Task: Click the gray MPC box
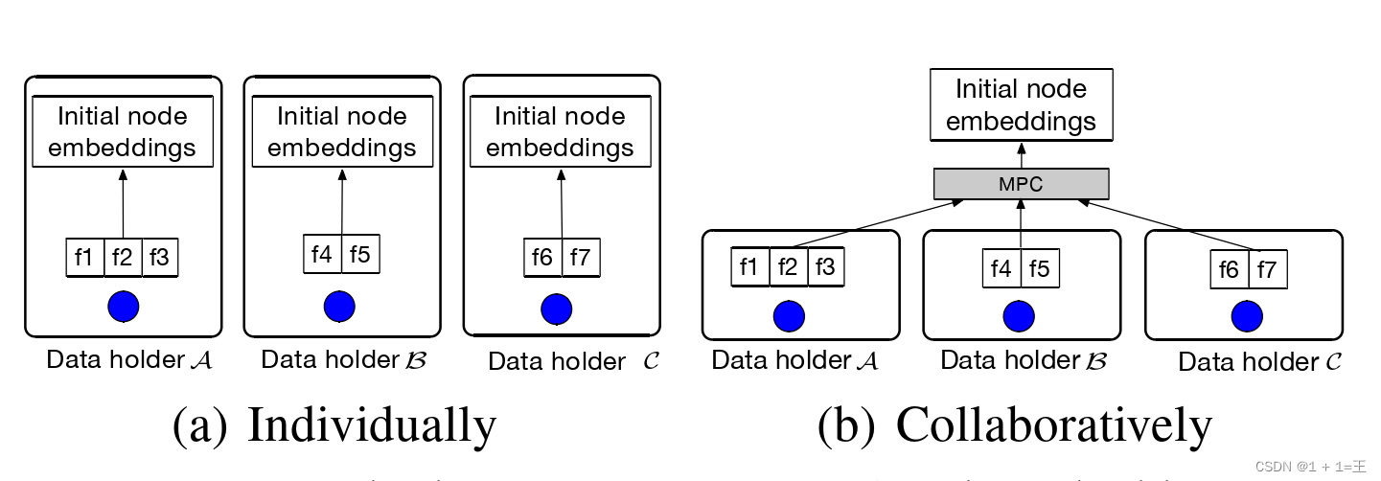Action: (1021, 184)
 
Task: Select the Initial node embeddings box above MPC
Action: (1021, 105)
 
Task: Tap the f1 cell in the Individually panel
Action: (84, 258)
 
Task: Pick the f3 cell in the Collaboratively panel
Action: (824, 267)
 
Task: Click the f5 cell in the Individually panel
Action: (360, 254)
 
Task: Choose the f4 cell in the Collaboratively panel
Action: (1001, 269)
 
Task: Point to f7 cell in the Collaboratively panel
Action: (1266, 270)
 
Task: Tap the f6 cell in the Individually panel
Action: (542, 258)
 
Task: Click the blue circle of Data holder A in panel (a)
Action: (123, 307)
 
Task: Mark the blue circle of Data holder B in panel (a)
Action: (339, 307)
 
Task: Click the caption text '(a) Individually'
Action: (334, 424)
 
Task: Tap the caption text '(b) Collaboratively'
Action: (1015, 424)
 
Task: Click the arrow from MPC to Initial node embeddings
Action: (1022, 154)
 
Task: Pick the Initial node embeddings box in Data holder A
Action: (122, 132)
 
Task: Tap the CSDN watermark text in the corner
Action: (1310, 467)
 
